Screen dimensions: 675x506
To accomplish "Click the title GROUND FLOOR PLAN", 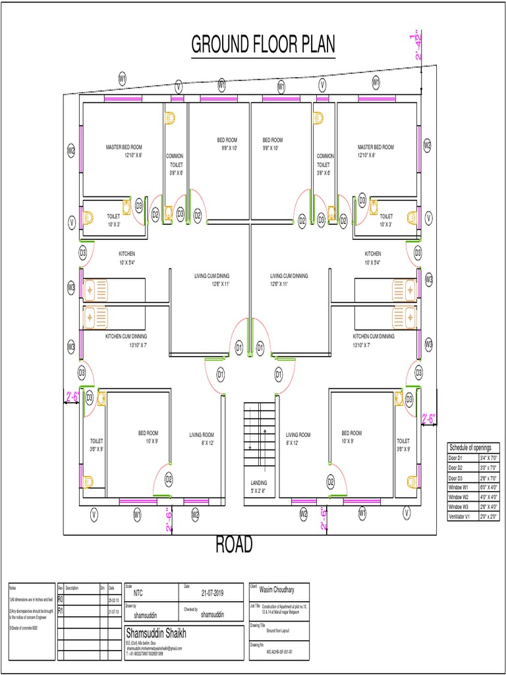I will click(x=263, y=44).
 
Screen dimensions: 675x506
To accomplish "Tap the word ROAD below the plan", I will click(x=234, y=545).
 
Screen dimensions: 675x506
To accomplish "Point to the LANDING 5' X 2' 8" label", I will click(x=258, y=486).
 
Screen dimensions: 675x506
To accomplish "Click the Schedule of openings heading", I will click(x=470, y=448).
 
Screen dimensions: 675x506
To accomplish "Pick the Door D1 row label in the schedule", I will click(x=457, y=457).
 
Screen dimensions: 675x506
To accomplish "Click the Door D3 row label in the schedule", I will click(x=457, y=477).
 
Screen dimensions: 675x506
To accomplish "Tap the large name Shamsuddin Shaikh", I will click(x=156, y=633).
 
